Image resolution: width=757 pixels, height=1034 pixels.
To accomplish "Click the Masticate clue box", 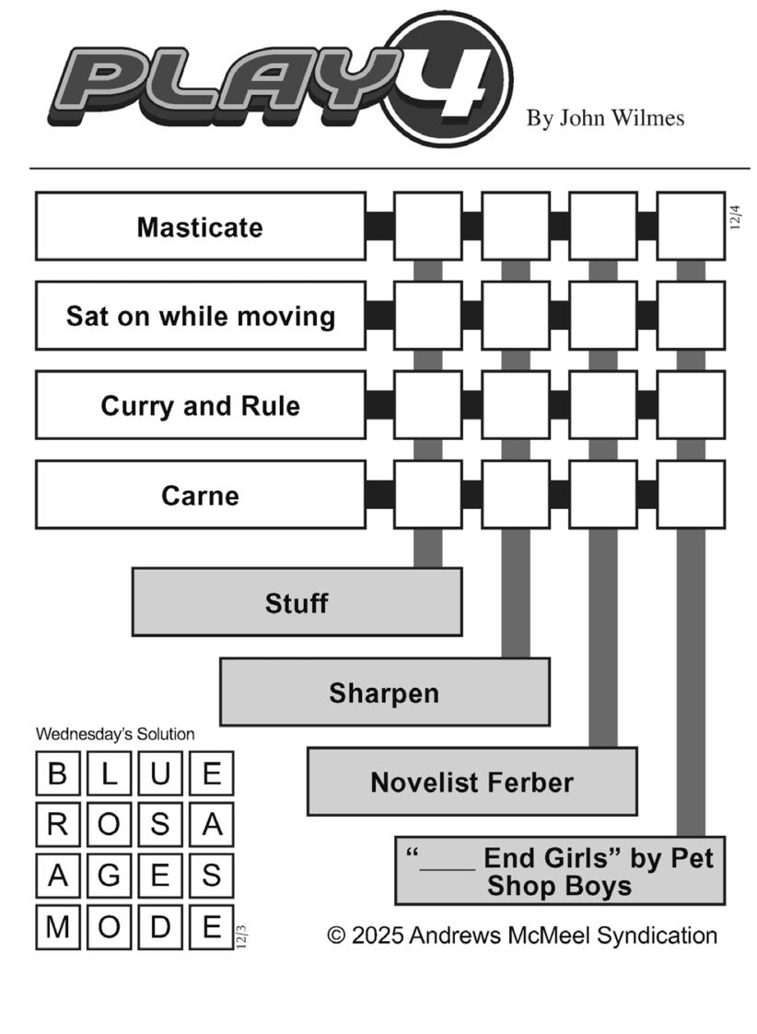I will pos(200,227).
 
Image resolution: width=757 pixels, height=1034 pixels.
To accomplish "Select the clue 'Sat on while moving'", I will pos(200,316).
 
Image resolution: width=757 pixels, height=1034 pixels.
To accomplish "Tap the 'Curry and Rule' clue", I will pos(200,405).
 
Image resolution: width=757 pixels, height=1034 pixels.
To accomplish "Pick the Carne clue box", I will pos(200,494).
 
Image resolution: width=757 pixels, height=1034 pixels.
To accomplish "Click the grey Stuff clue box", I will pos(297,602).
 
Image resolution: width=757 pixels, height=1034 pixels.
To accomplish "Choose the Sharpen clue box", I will pos(384,691).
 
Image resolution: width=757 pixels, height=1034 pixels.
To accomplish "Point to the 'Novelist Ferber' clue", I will pos(472,782).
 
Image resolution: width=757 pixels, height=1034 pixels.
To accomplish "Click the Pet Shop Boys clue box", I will pos(559,871).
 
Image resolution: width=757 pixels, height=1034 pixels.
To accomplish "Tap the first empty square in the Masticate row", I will pos(428,227).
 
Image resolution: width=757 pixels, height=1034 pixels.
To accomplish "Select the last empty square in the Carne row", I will pos(691,494).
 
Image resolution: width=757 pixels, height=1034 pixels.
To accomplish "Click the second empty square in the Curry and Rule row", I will pos(516,405).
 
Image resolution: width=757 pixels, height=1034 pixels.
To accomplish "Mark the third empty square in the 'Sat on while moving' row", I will pos(603,316).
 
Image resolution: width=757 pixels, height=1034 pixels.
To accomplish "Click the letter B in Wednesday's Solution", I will pos(58,773).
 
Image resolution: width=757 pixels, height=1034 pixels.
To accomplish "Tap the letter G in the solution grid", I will pos(110,876).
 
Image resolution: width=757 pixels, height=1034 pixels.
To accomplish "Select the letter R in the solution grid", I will pos(58,825).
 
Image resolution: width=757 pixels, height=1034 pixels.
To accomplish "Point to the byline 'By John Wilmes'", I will pos(605,118).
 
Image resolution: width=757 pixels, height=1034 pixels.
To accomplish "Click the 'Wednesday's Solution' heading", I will pos(115,734).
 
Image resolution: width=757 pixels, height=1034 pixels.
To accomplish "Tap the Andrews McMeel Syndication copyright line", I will pos(522,935).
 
